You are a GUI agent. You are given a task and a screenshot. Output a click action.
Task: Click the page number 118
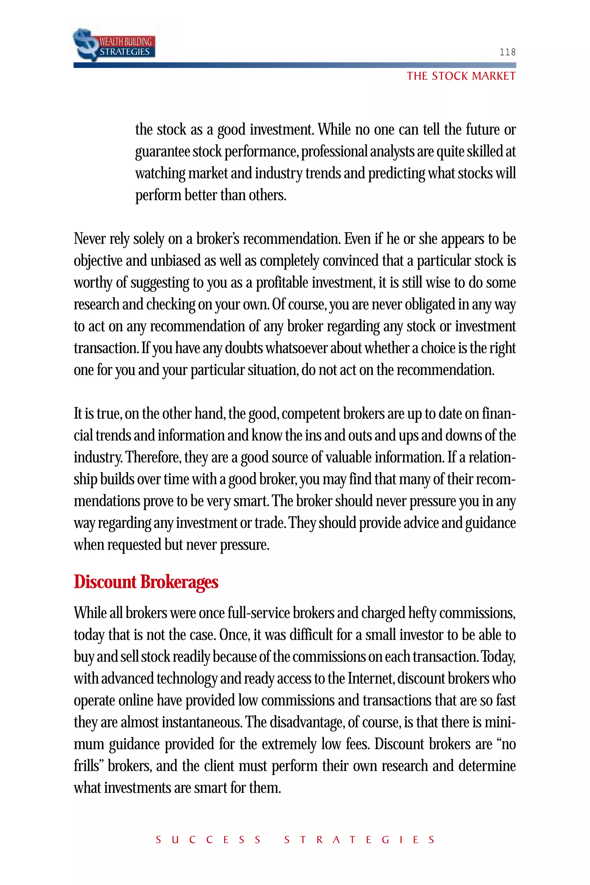tap(507, 52)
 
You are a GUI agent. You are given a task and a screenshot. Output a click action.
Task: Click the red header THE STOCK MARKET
tap(461, 76)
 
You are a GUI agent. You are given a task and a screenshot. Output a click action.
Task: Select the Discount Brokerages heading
tap(146, 582)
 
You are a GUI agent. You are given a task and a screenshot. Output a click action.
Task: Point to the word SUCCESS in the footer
tap(208, 840)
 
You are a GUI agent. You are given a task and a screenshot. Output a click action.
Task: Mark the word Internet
tap(370, 678)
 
